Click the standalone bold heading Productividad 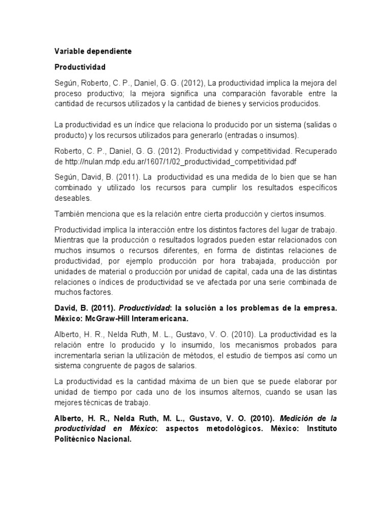pos(80,67)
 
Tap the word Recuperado pos(312,151)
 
